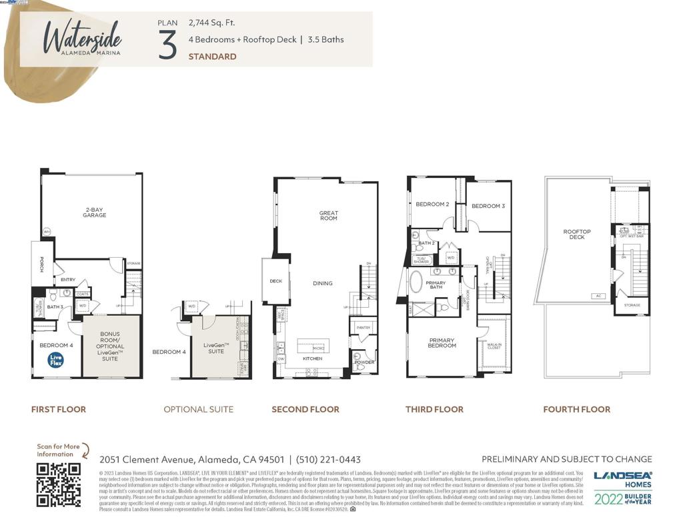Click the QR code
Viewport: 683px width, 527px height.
[59, 484]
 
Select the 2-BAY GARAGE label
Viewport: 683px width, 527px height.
[94, 213]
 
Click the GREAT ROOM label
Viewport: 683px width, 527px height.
[328, 216]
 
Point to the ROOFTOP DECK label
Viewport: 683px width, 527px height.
[577, 235]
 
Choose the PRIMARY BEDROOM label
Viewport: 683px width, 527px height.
[442, 343]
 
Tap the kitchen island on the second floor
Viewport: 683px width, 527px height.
[312, 346]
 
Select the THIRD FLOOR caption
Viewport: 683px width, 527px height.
[434, 409]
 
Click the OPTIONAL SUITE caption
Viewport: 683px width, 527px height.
[199, 409]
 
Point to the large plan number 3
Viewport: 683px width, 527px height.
[168, 45]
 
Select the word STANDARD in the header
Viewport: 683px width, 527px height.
[212, 57]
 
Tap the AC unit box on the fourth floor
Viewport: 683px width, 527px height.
[598, 296]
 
